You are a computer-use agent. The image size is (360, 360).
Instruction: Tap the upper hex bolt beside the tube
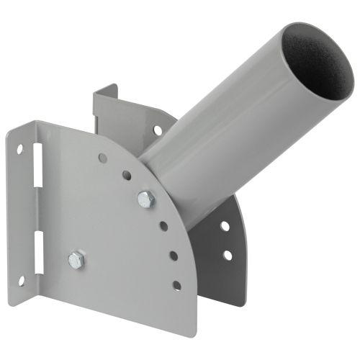coord(146,199)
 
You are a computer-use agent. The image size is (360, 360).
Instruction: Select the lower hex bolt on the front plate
coord(77,260)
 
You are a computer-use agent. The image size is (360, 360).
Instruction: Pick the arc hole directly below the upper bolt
coord(163,226)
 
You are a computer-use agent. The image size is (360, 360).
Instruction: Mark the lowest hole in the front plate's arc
coord(176,285)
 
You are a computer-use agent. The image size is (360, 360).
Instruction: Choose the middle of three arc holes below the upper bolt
coord(173,255)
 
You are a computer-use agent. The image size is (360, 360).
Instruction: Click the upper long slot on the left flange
coord(38,176)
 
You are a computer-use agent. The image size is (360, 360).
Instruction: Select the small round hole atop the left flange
coord(20,150)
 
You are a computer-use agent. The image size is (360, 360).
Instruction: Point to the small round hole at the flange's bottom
coord(22,280)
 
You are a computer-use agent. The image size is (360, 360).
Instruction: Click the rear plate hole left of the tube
coord(157,130)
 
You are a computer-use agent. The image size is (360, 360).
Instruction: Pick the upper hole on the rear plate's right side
coord(225,226)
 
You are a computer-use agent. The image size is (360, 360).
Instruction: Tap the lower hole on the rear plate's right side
coord(228,254)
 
